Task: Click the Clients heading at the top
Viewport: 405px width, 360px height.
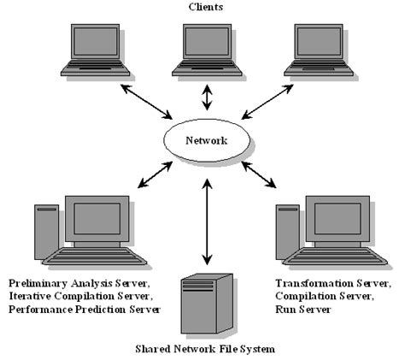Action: pos(206,8)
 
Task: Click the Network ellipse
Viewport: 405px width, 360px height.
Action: pos(207,140)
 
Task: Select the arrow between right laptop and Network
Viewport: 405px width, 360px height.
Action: pos(265,103)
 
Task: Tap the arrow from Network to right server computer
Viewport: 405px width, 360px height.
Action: pos(262,174)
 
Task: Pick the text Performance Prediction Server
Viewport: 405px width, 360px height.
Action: pos(82,309)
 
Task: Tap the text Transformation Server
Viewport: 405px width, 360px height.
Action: pos(332,282)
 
